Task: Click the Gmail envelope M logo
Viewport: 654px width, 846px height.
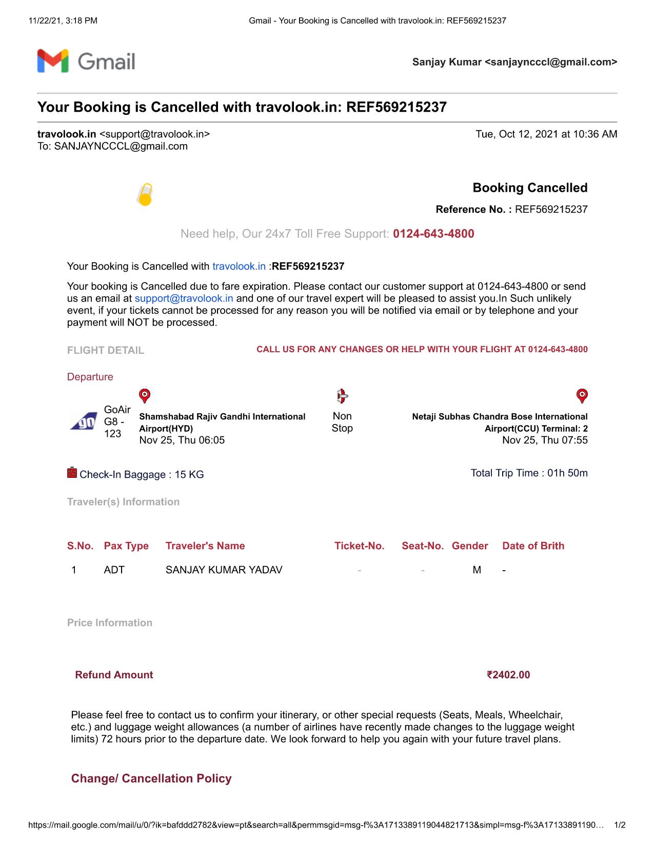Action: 53,61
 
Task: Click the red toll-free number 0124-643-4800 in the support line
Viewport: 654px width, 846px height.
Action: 433,234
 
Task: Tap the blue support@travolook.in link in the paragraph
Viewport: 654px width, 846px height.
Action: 184,298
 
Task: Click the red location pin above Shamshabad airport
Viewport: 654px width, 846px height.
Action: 145,396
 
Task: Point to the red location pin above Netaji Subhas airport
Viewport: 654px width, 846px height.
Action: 582,396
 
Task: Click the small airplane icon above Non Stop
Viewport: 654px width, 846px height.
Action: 342,396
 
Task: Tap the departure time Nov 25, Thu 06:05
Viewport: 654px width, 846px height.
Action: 182,440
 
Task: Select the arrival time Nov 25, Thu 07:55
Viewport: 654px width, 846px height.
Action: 545,440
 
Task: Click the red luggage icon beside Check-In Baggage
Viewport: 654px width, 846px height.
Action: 72,473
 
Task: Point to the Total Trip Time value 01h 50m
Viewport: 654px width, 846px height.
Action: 567,473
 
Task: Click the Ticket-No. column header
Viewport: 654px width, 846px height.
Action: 359,546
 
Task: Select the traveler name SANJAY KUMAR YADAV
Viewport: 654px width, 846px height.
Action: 224,570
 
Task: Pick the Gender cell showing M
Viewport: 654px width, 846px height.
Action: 477,570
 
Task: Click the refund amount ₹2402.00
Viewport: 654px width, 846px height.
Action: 508,675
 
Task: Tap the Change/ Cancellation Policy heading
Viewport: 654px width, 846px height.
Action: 151,778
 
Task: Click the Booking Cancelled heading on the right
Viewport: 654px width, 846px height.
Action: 530,188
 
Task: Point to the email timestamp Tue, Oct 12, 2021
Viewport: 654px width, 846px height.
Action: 546,134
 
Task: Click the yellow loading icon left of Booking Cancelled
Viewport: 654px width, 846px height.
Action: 145,195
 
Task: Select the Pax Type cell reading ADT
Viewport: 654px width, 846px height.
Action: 114,570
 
